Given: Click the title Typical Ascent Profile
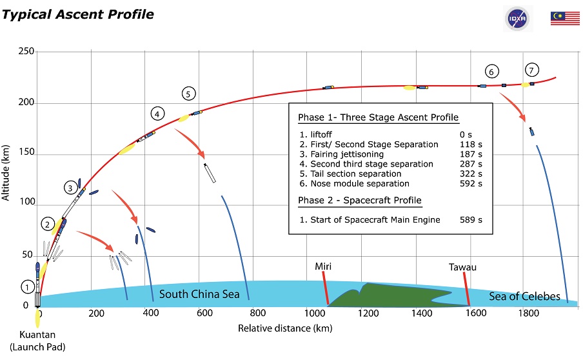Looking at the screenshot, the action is point(77,14).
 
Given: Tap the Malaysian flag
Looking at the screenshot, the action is point(565,18).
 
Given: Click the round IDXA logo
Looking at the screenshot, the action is point(517,19).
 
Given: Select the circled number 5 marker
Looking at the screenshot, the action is point(188,94).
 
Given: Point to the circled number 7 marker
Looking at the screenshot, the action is point(531,70).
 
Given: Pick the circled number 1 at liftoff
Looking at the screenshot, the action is point(28,287).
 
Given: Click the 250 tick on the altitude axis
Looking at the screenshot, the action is point(26,51).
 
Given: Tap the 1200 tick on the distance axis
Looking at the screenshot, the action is point(368,313).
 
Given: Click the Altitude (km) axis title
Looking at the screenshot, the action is point(5,172).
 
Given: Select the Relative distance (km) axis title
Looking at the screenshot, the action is point(285,328).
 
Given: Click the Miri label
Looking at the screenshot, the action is point(322,266).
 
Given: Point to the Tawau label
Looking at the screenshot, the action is point(462,267).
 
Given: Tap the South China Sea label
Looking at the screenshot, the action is point(199,294).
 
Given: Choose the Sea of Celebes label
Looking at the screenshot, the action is point(524,296).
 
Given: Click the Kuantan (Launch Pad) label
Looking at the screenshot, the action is point(37,341).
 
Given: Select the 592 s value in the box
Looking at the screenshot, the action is point(471,183).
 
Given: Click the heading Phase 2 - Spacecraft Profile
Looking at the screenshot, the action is point(360,200).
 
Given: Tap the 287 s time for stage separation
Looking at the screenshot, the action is point(471,164).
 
